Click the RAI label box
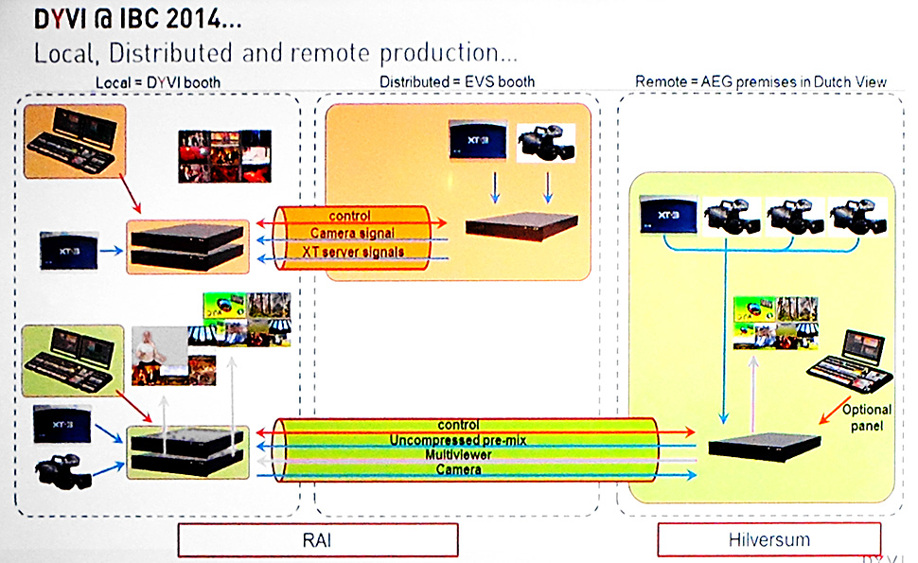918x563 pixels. (x=318, y=539)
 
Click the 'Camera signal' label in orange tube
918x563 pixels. (x=353, y=234)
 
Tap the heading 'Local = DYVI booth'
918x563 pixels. (x=158, y=82)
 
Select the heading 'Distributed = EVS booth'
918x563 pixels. (x=457, y=82)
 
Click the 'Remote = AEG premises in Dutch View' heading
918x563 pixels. (x=761, y=82)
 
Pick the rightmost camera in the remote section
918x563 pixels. (x=857, y=216)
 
